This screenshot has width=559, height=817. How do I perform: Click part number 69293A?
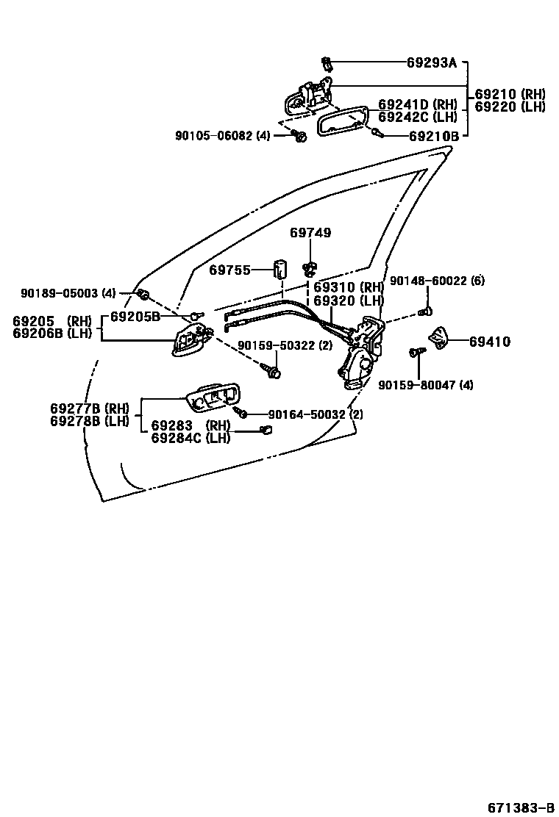point(432,63)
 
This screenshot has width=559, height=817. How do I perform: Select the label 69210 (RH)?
point(510,94)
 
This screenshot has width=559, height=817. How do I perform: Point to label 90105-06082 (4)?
point(223,135)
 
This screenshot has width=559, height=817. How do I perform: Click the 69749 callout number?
point(310,233)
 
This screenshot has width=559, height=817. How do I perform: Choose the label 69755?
point(230,270)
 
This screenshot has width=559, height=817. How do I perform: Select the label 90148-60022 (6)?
point(437,281)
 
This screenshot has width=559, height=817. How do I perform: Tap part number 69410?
point(490,342)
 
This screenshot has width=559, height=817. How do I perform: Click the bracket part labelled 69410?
point(438,337)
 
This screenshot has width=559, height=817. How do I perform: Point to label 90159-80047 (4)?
point(426,384)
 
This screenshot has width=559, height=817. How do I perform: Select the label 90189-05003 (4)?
point(68,293)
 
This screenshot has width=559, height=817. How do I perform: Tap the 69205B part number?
point(135,317)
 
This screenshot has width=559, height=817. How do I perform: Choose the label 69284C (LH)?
point(191,439)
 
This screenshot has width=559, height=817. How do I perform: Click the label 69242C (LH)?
point(418,117)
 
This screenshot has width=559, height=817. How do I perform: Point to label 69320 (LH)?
point(349,300)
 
